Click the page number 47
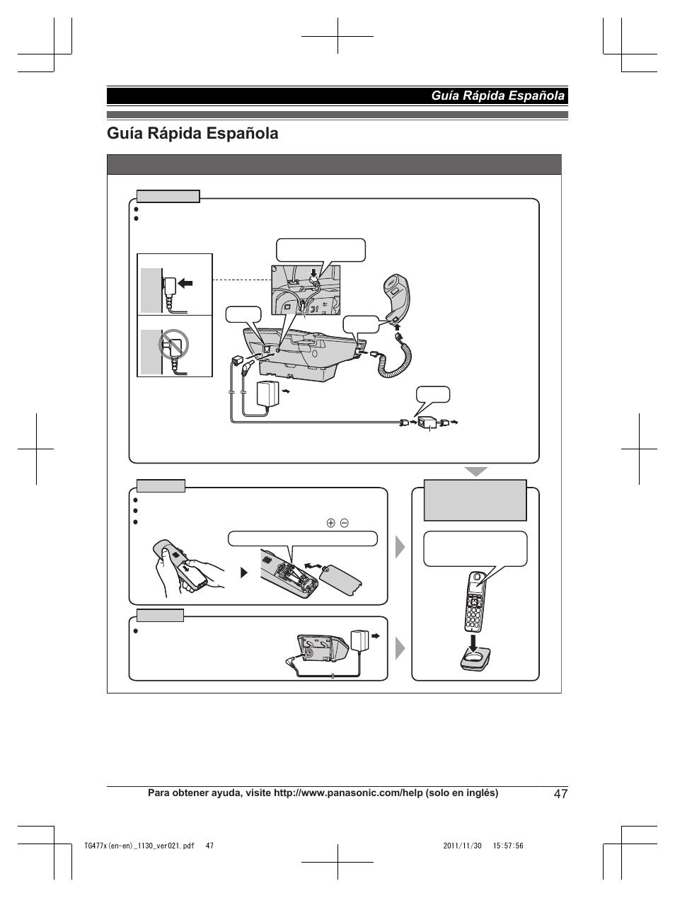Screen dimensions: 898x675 pyautogui.click(x=560, y=794)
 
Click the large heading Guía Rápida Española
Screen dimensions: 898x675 pyautogui.click(x=192, y=133)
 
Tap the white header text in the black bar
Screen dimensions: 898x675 pyautogui.click(x=499, y=96)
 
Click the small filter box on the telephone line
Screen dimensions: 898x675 pyautogui.click(x=427, y=422)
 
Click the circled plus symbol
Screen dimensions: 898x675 pyautogui.click(x=330, y=523)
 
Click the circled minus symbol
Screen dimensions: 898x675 pyautogui.click(x=344, y=523)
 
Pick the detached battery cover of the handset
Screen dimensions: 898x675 pyautogui.click(x=341, y=577)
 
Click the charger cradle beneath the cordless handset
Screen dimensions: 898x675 pyautogui.click(x=475, y=660)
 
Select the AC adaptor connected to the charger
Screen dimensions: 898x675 pyautogui.click(x=363, y=640)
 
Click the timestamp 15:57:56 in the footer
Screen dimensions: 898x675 pyautogui.click(x=506, y=846)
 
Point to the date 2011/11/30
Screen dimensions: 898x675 pyautogui.click(x=461, y=846)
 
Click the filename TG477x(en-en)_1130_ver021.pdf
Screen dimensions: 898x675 pyautogui.click(x=139, y=846)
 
